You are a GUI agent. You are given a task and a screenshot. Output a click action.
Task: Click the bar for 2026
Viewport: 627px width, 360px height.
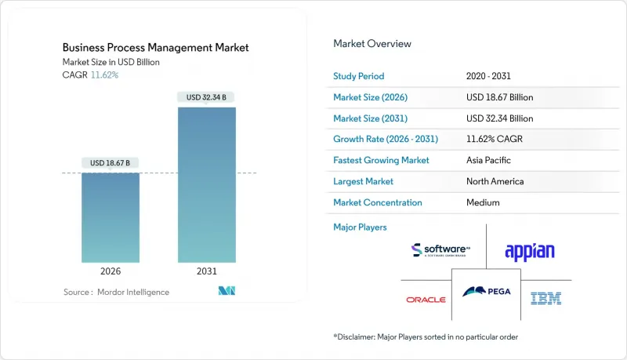(x=111, y=217)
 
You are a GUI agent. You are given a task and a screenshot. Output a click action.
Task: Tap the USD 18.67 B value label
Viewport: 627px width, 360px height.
(x=111, y=163)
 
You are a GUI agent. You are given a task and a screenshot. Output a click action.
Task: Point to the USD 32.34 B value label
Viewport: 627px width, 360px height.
(x=206, y=97)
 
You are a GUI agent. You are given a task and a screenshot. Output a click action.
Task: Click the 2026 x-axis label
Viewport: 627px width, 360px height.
(x=111, y=271)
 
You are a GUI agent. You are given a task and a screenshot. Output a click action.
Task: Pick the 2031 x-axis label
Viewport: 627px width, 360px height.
(x=206, y=271)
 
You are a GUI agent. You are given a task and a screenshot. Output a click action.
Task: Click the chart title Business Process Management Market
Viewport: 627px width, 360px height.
(x=155, y=48)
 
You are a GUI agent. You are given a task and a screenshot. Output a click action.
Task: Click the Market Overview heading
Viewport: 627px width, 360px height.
(x=372, y=43)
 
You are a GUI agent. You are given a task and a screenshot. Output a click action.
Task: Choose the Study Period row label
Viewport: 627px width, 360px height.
(x=359, y=77)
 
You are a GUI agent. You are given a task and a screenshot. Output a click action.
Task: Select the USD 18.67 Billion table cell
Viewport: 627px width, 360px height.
(x=499, y=97)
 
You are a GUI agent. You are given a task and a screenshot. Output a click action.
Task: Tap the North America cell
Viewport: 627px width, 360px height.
(x=495, y=181)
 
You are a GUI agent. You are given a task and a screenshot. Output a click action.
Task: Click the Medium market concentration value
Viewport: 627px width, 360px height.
(x=483, y=202)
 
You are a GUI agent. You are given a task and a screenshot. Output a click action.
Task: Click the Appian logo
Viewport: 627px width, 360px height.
(x=530, y=251)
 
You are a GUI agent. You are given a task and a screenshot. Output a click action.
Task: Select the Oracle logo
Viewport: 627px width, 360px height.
(x=426, y=300)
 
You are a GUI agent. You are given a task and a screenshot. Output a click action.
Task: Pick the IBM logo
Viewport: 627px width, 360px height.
(x=545, y=298)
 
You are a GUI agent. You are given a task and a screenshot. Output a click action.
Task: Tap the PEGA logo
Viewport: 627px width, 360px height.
(x=487, y=292)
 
